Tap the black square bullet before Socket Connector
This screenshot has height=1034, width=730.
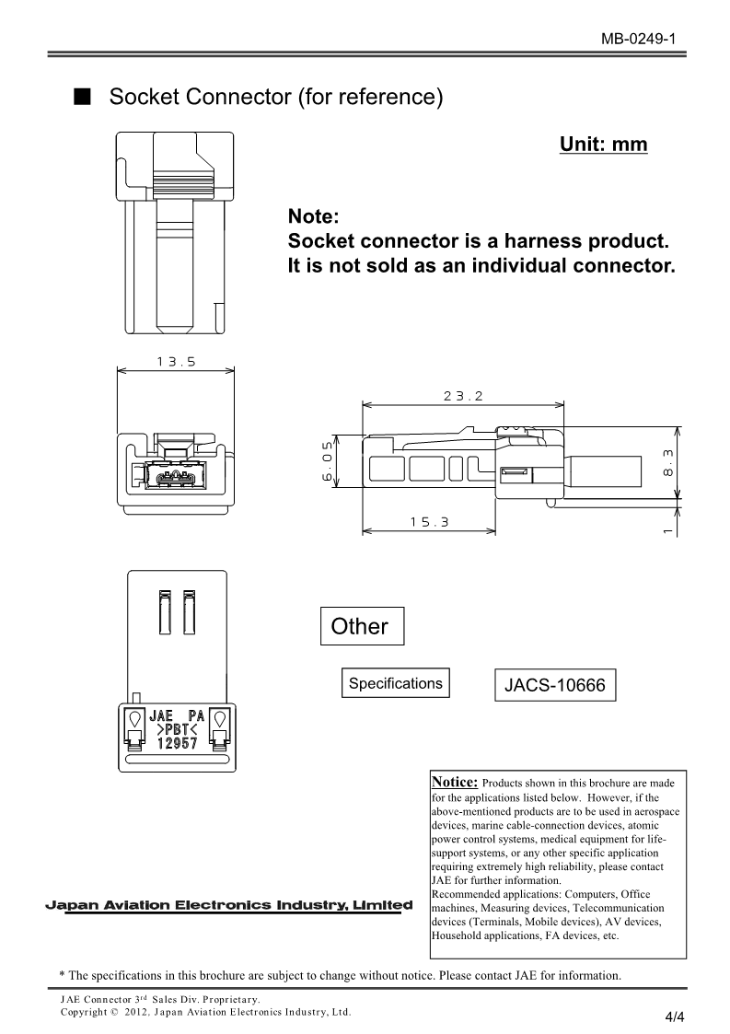[x=83, y=97]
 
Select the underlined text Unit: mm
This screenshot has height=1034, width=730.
[x=603, y=145]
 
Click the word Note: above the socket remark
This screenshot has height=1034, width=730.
[x=314, y=217]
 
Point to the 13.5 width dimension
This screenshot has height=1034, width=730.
[x=176, y=362]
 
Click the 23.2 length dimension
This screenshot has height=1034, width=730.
[x=462, y=396]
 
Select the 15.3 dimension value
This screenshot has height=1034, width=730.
[x=428, y=521]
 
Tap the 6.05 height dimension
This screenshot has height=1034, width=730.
[x=327, y=462]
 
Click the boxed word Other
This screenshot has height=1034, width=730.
[x=359, y=627]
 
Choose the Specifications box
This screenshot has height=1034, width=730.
[x=395, y=683]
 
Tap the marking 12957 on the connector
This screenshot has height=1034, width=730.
[x=171, y=746]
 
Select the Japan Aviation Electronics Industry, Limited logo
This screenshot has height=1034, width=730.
[x=229, y=905]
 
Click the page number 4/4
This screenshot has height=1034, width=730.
[x=675, y=1017]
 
